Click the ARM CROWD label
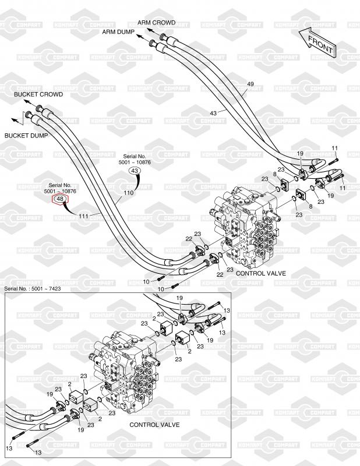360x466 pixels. coord(156,22)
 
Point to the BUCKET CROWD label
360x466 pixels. coord(38,94)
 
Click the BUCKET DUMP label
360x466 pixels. coord(27,135)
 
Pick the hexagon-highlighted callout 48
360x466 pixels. coord(59,200)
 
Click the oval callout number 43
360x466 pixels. coord(135,171)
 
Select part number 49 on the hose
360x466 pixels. coord(250,84)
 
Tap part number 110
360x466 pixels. coord(129,192)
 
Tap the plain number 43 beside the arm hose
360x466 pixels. coord(213,112)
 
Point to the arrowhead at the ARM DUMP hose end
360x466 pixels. coord(139,37)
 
